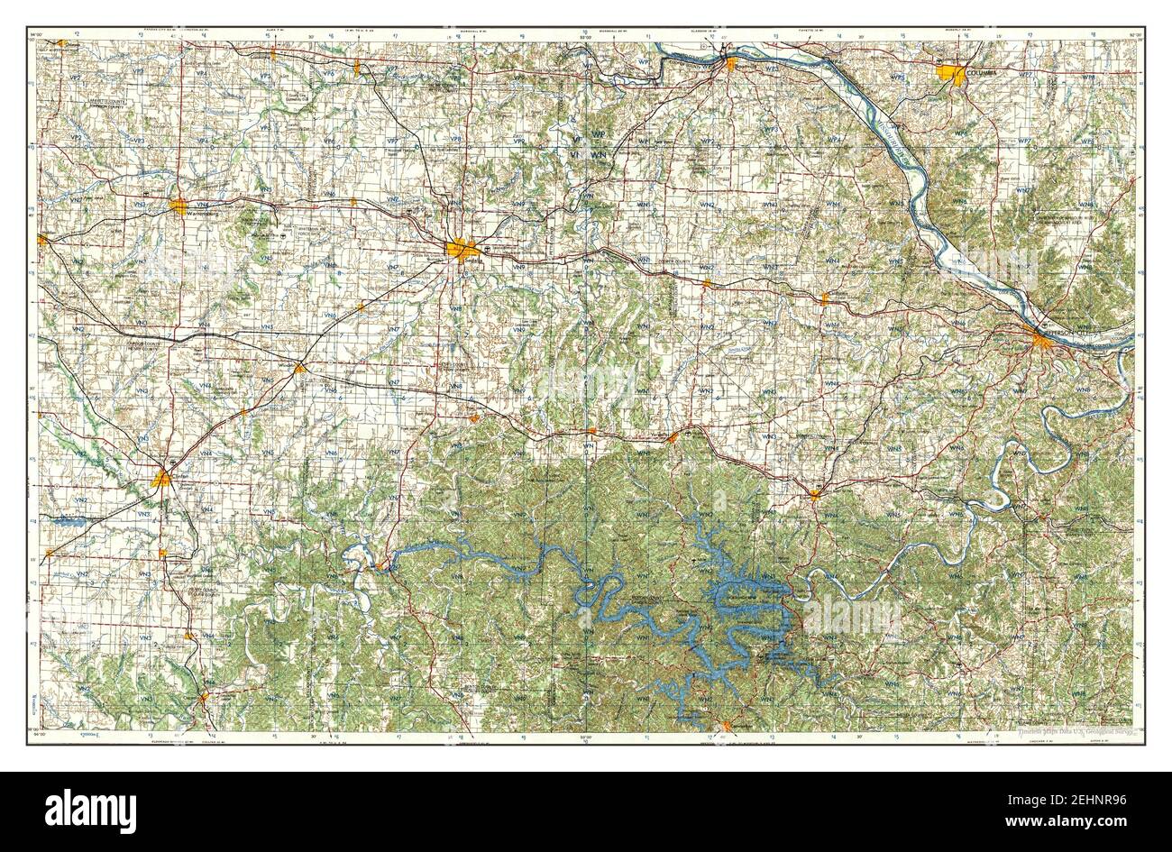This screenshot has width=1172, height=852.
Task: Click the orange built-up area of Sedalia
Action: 462,250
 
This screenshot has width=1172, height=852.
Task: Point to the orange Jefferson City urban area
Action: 1046,340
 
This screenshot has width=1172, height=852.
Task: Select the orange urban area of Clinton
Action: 162,478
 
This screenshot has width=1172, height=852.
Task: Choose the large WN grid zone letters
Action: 600,156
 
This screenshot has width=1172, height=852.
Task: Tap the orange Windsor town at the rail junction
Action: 300,368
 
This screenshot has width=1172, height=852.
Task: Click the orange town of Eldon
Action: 815,493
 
